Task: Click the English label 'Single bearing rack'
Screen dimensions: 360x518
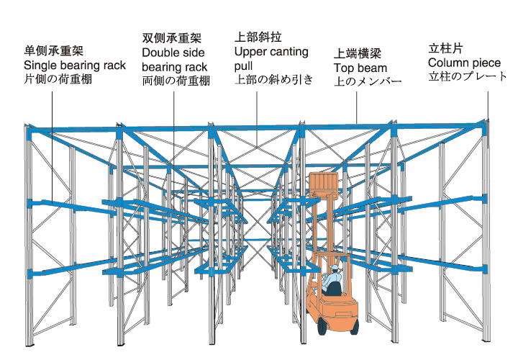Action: pyautogui.click(x=75, y=66)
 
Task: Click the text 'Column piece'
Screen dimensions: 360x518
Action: pyautogui.click(x=464, y=63)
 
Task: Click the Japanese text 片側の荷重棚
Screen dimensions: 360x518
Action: pyautogui.click(x=58, y=79)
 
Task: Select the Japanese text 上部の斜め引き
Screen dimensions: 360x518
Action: pyautogui.click(x=274, y=80)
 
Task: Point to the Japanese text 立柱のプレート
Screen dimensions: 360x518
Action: pyautogui.click(x=468, y=76)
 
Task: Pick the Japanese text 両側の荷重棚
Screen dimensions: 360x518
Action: pyautogui.click(x=176, y=81)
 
